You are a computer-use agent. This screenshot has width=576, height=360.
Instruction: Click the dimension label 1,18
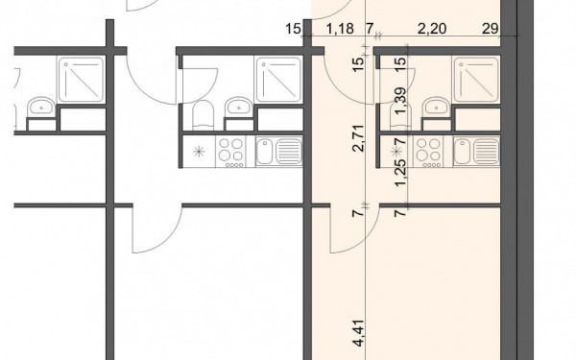340,28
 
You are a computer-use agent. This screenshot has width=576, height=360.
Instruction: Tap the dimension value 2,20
432,28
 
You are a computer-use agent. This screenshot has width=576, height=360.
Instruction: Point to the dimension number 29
490,28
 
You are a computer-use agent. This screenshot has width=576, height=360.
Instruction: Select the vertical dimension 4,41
358,333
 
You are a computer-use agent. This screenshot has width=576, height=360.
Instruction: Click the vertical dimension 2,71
358,138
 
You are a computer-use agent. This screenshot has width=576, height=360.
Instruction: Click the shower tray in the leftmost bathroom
81,80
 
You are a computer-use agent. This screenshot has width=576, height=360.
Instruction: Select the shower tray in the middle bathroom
278,80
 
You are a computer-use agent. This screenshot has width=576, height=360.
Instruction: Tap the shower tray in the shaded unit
476,80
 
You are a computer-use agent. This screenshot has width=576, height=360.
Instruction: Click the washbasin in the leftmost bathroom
41,107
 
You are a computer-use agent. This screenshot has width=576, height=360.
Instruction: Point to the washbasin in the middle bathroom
239,107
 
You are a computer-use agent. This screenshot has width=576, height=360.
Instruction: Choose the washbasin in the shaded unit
437,107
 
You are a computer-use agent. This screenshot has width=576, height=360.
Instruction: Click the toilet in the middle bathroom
203,115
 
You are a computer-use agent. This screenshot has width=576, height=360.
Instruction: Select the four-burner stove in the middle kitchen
231,152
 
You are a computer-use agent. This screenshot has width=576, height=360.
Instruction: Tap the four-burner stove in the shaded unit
428,152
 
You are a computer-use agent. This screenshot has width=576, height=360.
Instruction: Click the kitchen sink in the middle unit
278,152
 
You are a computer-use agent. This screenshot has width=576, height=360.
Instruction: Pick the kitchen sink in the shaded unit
476,152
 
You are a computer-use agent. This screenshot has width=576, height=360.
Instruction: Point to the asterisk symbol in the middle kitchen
199,152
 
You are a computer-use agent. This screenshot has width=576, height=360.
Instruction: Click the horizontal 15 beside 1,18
293,28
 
